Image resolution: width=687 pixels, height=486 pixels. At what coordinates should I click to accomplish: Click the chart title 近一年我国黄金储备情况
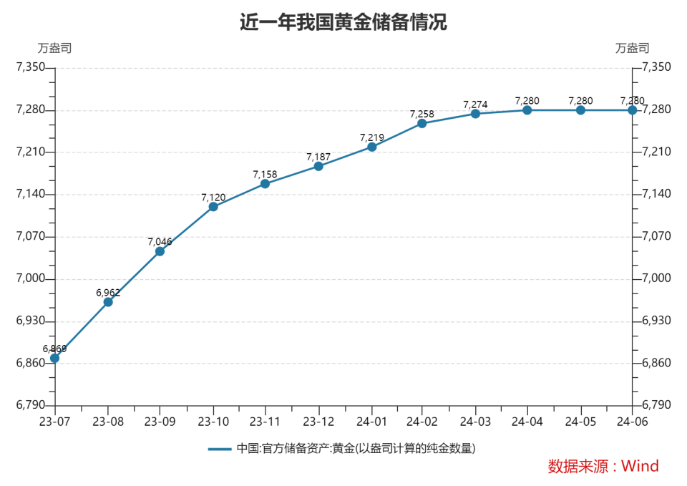coord(343,22)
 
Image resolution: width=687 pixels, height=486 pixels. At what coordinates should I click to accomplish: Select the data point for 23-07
coord(55,359)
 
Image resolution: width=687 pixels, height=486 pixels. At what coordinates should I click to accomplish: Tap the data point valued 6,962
coord(108,302)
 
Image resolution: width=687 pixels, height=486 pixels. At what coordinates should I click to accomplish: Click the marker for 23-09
coord(160,251)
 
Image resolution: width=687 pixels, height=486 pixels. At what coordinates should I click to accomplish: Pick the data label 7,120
coord(213,198)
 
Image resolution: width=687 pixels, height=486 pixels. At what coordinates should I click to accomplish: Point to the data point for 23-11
coord(265,184)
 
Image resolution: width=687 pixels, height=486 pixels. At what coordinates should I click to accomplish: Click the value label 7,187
coord(318,157)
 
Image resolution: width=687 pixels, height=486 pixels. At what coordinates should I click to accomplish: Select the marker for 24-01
coord(372,147)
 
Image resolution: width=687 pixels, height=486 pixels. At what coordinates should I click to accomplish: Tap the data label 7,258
coord(422,114)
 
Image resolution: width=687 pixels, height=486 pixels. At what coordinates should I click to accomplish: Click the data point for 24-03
coord(475,114)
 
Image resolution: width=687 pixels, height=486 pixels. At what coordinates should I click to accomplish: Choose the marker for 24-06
coord(632,110)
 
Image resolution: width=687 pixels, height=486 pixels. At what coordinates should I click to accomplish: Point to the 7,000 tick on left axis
coord(31,278)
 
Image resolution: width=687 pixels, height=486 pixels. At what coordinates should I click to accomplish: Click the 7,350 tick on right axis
coord(656,67)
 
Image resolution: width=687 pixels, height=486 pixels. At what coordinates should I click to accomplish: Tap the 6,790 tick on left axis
coord(31,405)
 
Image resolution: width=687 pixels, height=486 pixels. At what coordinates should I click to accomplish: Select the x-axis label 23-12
coord(318,422)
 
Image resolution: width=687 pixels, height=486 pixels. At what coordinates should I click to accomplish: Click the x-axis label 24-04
coord(527,422)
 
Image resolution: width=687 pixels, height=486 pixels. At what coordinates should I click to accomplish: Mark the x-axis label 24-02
coord(422,422)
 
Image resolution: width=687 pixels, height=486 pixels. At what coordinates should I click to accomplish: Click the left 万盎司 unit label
coord(54,48)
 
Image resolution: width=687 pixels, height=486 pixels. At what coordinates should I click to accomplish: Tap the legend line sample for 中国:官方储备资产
coord(220,449)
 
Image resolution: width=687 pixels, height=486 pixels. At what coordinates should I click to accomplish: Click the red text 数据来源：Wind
coord(603,466)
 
